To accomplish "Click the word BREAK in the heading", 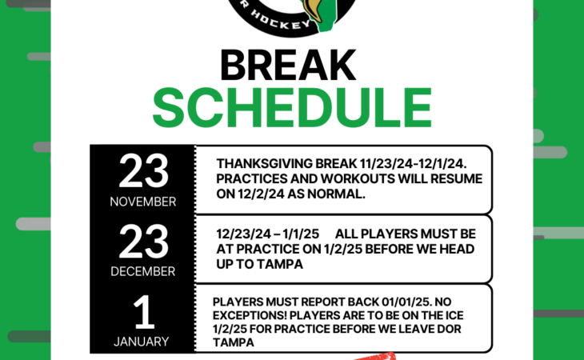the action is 288,66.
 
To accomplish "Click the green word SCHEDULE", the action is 292,108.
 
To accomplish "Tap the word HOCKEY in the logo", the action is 280,21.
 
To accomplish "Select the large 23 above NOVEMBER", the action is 143,171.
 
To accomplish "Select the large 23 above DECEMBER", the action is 143,242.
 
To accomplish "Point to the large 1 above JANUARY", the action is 144,312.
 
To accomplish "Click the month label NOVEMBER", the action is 143,202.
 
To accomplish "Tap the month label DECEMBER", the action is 143,271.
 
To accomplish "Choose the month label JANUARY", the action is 141,342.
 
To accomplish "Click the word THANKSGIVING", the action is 265,164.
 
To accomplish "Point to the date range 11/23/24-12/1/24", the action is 413,164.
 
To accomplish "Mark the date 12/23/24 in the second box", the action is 243,234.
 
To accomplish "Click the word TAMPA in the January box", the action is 233,342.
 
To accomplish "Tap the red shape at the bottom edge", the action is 376,356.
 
